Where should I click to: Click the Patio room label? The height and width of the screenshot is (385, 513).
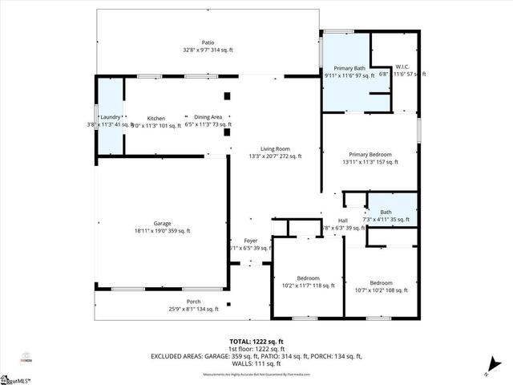pyautogui.click(x=208, y=43)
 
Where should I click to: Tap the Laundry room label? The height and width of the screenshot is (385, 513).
pyautogui.click(x=111, y=118)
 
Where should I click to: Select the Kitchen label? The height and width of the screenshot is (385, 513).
pyautogui.click(x=156, y=118)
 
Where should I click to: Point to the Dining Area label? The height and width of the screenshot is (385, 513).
pyautogui.click(x=208, y=118)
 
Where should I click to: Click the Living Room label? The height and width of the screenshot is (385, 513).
pyautogui.click(x=275, y=148)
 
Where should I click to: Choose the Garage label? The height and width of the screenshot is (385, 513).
pyautogui.click(x=163, y=224)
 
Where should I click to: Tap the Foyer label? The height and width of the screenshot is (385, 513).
pyautogui.click(x=250, y=241)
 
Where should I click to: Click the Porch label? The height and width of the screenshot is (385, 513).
pyautogui.click(x=194, y=302)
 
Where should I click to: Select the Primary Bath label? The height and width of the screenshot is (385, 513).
pyautogui.click(x=349, y=68)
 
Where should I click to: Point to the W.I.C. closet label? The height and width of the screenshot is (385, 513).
pyautogui.click(x=403, y=67)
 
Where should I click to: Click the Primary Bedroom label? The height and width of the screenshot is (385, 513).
pyautogui.click(x=370, y=154)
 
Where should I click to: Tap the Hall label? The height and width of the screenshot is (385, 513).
pyautogui.click(x=342, y=221)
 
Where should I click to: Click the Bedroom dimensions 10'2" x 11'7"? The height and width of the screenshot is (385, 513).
pyautogui.click(x=309, y=285)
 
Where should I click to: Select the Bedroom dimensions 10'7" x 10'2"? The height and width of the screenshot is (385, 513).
pyautogui.click(x=381, y=290)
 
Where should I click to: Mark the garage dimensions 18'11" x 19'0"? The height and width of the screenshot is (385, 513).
pyautogui.click(x=163, y=231)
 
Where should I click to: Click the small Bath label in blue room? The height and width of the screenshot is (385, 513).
pyautogui.click(x=386, y=212)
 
